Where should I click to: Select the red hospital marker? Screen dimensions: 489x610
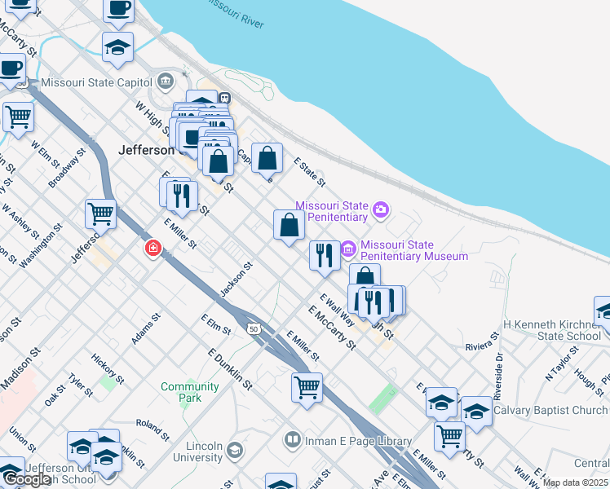click(x=152, y=249)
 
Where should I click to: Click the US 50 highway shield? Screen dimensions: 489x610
click(x=254, y=327)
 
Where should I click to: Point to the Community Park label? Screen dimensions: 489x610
click(x=189, y=392)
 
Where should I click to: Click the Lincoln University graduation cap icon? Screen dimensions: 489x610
click(x=235, y=450)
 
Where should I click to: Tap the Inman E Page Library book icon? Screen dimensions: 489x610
click(x=291, y=441)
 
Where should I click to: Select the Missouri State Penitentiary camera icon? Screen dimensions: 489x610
click(x=380, y=211)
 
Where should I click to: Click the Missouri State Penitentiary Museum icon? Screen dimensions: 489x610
click(x=348, y=247)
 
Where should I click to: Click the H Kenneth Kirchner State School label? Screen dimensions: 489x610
click(x=552, y=330)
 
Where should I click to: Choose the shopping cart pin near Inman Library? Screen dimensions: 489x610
click(x=307, y=388)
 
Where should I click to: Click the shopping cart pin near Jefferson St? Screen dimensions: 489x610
click(x=100, y=214)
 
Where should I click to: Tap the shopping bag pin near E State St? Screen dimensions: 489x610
click(x=267, y=158)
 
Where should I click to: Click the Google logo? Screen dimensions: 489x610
click(x=26, y=480)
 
